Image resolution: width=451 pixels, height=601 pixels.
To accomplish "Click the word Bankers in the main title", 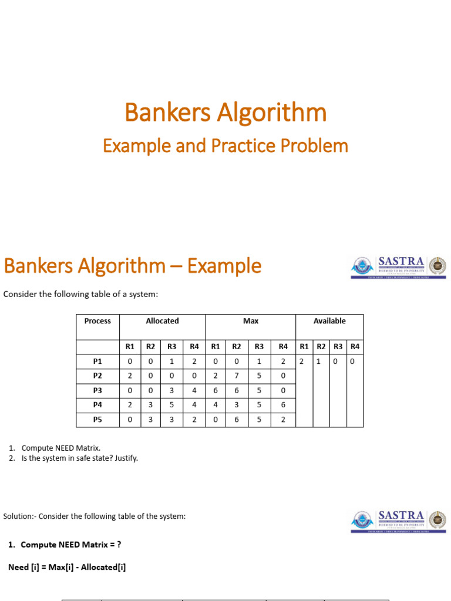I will (167, 112).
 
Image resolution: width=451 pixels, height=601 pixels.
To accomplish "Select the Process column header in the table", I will (98, 321).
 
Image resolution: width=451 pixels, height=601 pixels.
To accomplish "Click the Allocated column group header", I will (162, 321).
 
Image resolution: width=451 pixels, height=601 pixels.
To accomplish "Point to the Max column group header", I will (251, 321).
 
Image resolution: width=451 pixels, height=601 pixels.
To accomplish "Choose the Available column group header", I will (329, 321).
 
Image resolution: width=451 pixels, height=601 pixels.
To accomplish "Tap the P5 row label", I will (98, 420).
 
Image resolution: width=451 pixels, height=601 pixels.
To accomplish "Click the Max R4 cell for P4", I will (283, 406).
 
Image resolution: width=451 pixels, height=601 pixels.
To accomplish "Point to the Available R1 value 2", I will (301, 362).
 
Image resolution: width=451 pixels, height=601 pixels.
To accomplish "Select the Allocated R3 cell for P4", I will (172, 406).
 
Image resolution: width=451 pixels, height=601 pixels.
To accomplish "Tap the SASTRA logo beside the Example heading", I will (399, 267).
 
